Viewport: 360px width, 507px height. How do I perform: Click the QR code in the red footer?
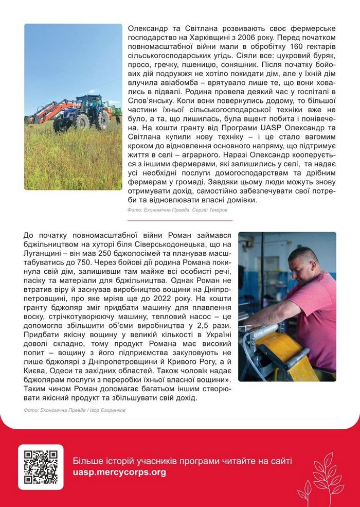(x=41, y=467)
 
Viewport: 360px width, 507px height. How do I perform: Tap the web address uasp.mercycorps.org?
(x=119, y=472)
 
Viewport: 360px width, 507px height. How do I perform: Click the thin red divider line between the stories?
(x=179, y=220)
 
